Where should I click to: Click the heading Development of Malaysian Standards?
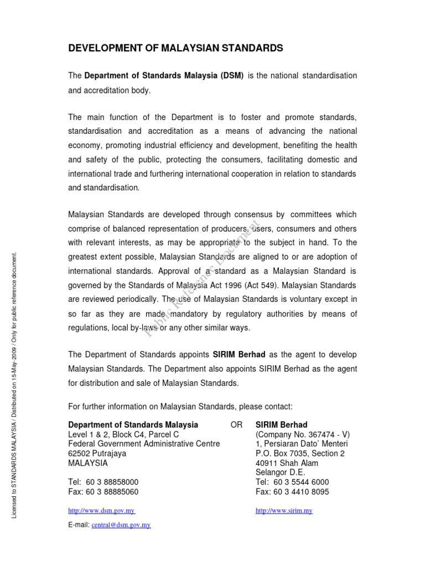click(x=175, y=49)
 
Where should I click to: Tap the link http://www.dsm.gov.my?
click(x=101, y=511)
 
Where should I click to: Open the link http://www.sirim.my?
click(x=284, y=511)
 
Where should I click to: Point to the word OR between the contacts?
click(x=236, y=425)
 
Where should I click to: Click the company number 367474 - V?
click(x=324, y=434)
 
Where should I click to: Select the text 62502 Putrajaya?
click(x=97, y=453)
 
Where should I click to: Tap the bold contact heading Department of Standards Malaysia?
click(x=133, y=425)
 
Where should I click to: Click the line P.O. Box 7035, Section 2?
click(x=300, y=453)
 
